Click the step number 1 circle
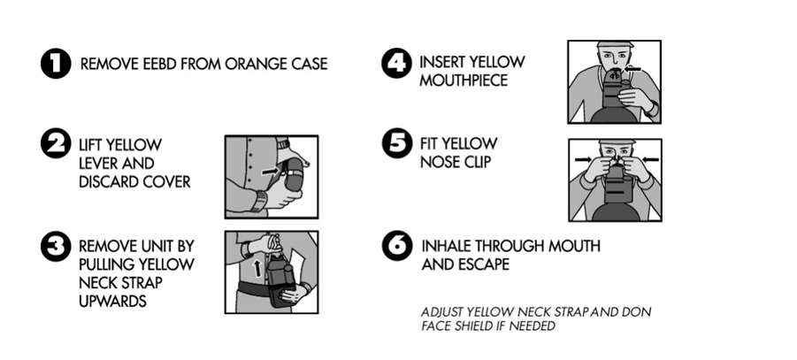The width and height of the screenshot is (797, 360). coord(56,64)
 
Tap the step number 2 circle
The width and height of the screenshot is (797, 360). coord(56,143)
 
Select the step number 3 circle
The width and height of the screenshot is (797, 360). coord(56,247)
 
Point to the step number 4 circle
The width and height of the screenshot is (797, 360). coord(396,63)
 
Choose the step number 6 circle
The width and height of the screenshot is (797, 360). coord(397,246)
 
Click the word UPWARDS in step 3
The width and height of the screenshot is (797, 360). coord(112,301)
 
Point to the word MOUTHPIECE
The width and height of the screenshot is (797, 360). coord(464,80)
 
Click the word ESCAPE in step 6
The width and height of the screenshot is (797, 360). coord(483,264)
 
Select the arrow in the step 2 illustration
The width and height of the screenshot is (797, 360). coord(271,172)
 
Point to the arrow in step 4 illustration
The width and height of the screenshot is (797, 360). coord(632,69)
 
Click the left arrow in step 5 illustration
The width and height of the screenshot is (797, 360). coord(584,160)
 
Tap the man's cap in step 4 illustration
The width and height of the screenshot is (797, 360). coord(615,45)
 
